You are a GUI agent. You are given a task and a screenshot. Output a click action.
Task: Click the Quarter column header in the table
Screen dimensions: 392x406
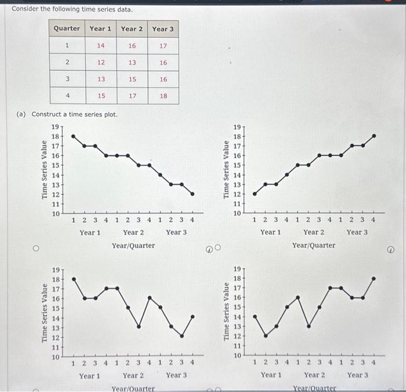(x=67, y=28)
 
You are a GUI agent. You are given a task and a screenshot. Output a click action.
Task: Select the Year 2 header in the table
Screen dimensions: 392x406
(x=132, y=28)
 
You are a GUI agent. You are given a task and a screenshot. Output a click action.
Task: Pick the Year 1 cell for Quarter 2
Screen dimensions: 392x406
(x=100, y=62)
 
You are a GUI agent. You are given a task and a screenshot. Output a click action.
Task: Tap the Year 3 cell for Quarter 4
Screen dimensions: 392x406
(x=163, y=96)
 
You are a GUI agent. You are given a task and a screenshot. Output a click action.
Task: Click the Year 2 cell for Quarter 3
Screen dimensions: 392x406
(x=132, y=79)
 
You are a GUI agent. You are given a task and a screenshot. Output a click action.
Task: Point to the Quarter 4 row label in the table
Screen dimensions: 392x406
(x=67, y=96)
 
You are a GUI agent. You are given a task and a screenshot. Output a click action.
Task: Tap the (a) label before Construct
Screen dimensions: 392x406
(x=21, y=114)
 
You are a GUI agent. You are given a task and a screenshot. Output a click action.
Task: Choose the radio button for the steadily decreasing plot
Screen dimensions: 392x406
(x=36, y=249)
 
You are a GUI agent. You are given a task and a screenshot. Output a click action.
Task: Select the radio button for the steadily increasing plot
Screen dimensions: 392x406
(x=218, y=249)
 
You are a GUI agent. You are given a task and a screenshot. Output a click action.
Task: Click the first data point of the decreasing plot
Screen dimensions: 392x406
(x=73, y=136)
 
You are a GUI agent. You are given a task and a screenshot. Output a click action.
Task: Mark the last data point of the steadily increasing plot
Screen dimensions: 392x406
(x=374, y=136)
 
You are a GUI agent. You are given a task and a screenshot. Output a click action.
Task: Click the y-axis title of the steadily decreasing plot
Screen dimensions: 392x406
(x=45, y=170)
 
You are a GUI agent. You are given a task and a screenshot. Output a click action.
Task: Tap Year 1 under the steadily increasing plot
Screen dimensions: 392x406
(x=270, y=232)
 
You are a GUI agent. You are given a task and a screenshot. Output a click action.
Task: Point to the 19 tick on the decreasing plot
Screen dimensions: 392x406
(x=56, y=126)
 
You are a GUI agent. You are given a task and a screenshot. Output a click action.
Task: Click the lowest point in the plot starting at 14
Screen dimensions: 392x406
(x=265, y=336)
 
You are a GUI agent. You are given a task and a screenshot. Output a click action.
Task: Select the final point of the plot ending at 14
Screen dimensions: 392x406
(x=193, y=317)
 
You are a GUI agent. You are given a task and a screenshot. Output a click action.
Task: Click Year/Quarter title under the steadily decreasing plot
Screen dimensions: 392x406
(x=133, y=245)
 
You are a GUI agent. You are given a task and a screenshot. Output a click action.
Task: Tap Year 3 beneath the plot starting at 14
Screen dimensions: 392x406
(x=357, y=375)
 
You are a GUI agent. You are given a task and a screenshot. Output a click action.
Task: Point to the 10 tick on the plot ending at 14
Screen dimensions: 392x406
(x=56, y=357)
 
